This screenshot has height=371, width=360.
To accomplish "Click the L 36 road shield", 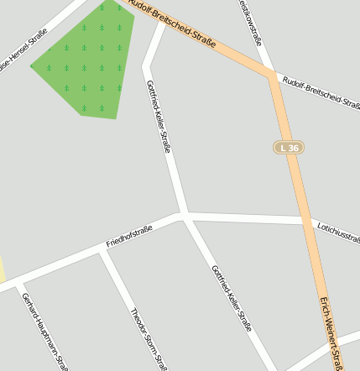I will (289, 148).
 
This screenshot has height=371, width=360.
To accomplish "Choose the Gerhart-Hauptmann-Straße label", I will (44, 332).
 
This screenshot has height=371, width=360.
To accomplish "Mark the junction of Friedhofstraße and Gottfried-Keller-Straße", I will (184, 215).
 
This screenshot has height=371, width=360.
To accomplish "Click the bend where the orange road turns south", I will (272, 76).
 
